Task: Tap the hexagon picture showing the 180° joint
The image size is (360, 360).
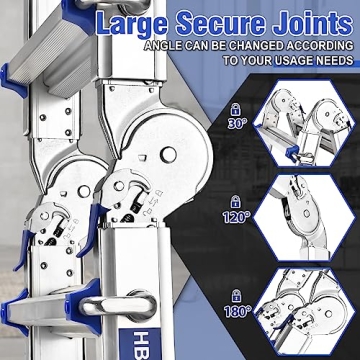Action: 303,312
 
